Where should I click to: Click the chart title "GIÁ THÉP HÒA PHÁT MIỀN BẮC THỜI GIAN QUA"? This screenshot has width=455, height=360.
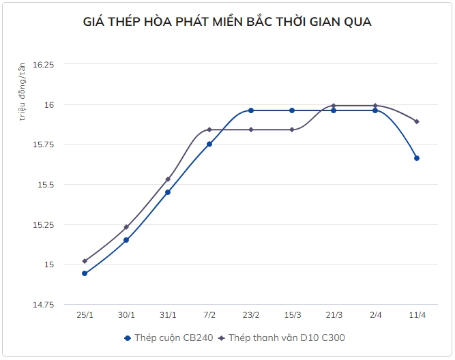click(x=227, y=22)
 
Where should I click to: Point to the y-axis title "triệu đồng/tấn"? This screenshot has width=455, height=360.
click(x=23, y=91)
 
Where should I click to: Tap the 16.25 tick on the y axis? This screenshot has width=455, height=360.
click(x=43, y=64)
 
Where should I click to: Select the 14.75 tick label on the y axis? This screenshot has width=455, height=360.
click(x=43, y=304)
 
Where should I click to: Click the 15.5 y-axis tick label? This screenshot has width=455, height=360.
click(x=46, y=184)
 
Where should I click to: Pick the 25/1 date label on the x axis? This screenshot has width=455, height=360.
click(x=85, y=315)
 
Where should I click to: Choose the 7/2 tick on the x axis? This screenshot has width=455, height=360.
click(x=209, y=315)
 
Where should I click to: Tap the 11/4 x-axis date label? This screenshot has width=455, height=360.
click(x=417, y=315)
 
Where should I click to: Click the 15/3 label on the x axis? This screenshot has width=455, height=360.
click(x=292, y=315)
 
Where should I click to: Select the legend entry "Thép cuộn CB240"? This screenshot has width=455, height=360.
click(x=171, y=337)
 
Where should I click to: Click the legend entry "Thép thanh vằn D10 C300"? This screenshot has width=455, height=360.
click(x=287, y=337)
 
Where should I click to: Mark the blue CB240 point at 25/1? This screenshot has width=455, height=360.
click(x=85, y=273)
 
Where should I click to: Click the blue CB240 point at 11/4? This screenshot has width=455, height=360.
click(x=417, y=158)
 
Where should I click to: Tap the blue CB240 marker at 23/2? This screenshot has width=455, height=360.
click(x=251, y=110)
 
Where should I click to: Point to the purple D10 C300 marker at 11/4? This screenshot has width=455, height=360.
click(x=417, y=121)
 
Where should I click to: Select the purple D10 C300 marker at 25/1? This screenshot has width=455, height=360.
click(x=85, y=261)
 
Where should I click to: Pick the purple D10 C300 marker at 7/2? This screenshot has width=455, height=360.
click(x=209, y=130)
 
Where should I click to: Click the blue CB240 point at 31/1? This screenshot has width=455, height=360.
click(x=168, y=192)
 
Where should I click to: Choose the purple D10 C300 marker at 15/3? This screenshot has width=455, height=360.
click(x=292, y=130)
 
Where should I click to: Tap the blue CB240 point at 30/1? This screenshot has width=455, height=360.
click(x=126, y=240)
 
